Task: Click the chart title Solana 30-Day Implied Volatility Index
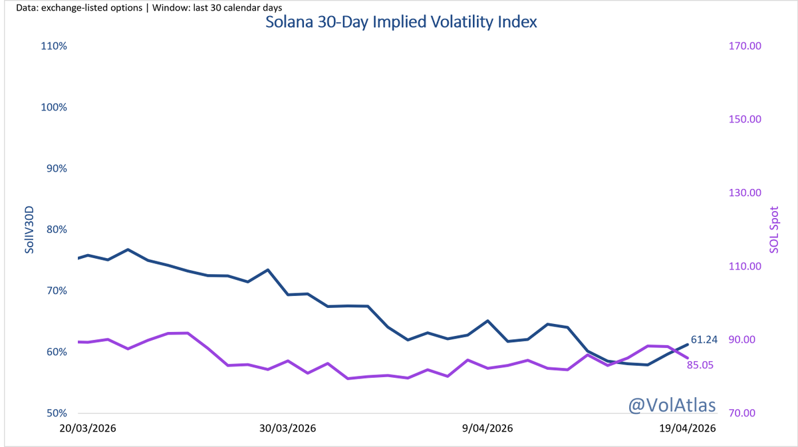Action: (401, 21)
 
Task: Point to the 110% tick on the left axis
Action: (53, 46)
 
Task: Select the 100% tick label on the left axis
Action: (53, 107)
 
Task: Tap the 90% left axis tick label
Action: (55, 168)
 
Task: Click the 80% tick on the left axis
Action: (55, 229)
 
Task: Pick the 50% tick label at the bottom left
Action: (55, 413)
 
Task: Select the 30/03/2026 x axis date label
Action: (287, 429)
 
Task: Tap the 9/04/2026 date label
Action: (487, 429)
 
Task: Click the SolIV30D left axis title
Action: (29, 229)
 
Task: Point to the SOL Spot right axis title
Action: (774, 229)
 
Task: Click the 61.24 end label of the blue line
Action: (704, 340)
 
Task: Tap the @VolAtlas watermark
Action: (672, 404)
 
